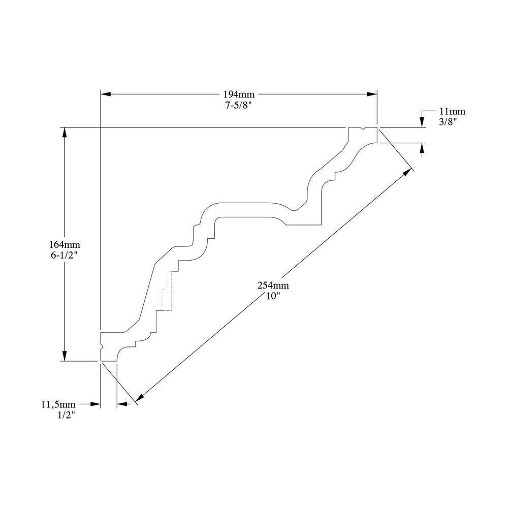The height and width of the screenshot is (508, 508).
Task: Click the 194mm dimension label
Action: tap(239, 94)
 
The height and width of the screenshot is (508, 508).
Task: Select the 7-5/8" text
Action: tap(239, 104)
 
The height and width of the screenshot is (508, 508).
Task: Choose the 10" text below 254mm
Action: tap(269, 296)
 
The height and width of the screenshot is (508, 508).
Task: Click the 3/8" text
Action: tap(449, 121)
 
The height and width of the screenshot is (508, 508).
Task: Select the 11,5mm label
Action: tap(58, 404)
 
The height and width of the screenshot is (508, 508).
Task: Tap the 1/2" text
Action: tap(68, 414)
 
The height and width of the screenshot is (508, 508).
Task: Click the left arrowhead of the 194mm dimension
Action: tap(105, 94)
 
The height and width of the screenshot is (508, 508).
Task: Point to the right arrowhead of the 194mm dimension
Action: tap(372, 94)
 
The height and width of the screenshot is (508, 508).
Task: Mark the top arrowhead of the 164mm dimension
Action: tap(65, 132)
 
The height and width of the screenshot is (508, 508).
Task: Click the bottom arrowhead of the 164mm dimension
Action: tap(65, 356)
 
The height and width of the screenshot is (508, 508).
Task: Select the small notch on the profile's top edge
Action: tap(362, 129)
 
